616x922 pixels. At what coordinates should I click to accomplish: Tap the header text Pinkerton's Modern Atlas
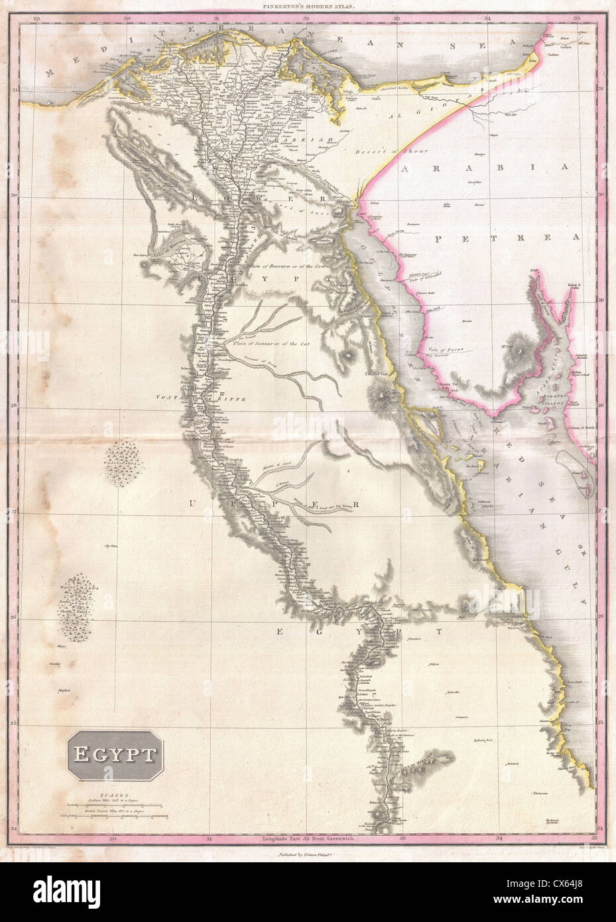pyautogui.click(x=307, y=5)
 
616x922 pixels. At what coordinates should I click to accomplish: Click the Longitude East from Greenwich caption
pyautogui.click(x=307, y=858)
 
